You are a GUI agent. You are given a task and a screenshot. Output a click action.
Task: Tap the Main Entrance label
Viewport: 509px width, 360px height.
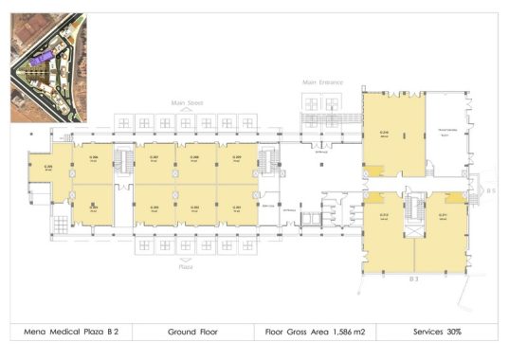321,82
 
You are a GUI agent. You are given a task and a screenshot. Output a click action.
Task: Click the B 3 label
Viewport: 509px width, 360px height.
413,280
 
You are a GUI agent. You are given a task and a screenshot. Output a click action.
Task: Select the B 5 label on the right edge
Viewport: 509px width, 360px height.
491,191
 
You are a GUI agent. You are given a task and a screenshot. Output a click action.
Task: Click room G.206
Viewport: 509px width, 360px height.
94,158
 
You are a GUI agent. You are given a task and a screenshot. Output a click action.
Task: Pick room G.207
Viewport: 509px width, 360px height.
154,158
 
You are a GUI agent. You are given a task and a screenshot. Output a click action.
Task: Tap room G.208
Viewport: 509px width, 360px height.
194,158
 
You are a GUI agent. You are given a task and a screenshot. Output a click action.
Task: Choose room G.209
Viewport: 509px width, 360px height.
236,158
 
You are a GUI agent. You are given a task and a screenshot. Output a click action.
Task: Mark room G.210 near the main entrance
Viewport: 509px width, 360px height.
386,133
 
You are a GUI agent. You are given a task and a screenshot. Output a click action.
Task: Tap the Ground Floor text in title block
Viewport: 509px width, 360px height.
193,333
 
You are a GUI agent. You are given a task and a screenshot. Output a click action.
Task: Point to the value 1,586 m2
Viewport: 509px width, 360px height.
344,333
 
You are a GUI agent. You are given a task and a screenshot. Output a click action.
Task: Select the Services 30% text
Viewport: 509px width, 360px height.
438,333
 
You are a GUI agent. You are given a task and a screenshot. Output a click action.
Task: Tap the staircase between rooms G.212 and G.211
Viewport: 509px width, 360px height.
414,210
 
